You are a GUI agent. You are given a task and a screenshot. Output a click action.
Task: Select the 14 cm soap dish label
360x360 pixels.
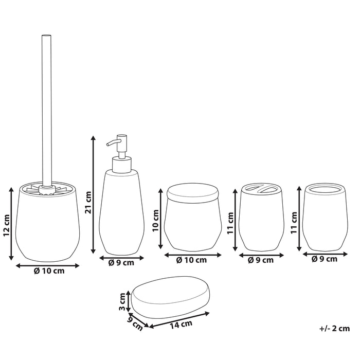[x=182, y=325]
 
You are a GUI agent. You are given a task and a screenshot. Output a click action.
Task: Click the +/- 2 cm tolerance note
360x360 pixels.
[x=335, y=328]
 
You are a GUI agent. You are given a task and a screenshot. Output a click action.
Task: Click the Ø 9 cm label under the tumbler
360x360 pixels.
[x=325, y=259]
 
